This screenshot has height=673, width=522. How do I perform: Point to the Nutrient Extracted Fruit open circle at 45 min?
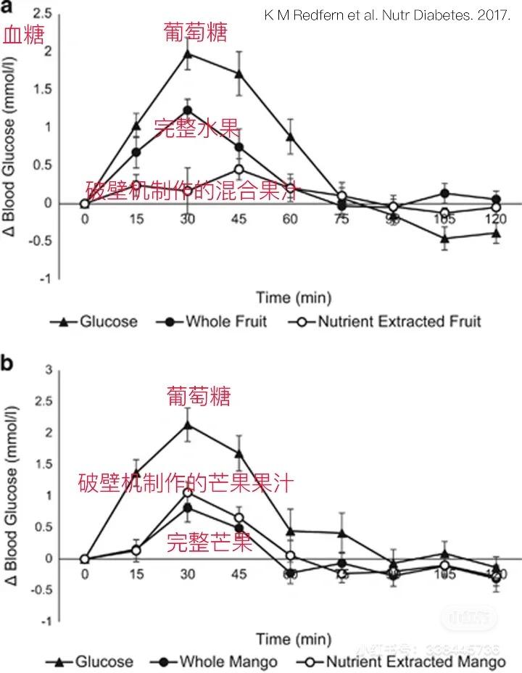(239, 169)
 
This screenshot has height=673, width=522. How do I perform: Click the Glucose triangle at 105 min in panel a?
(444, 238)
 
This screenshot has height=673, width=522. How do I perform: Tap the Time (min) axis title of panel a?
(294, 297)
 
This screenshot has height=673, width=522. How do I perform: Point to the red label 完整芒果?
(210, 542)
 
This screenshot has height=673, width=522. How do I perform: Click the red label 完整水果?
(197, 128)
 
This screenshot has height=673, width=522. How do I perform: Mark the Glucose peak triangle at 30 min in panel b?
(188, 426)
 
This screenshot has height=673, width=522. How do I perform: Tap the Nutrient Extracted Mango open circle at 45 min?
(239, 518)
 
